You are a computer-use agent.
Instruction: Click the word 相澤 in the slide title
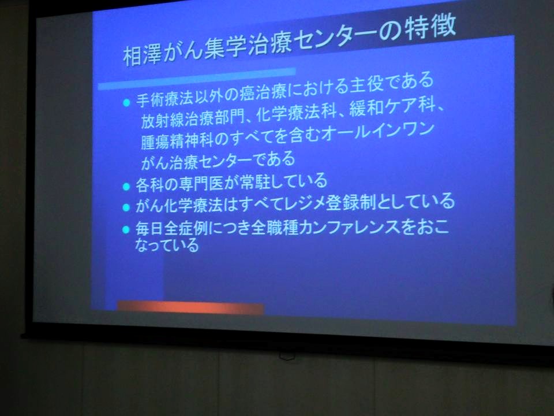pyautogui.click(x=142, y=54)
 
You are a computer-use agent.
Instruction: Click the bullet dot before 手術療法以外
pyautogui.click(x=126, y=103)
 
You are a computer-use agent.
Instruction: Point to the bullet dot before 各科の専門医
pyautogui.click(x=126, y=186)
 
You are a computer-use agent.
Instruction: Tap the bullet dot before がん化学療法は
pyautogui.click(x=126, y=207)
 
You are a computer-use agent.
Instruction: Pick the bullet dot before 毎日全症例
pyautogui.click(x=126, y=229)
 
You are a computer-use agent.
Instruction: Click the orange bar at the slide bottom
pyautogui.click(x=190, y=307)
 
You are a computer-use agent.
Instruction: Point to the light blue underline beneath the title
pyautogui.click(x=197, y=78)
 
